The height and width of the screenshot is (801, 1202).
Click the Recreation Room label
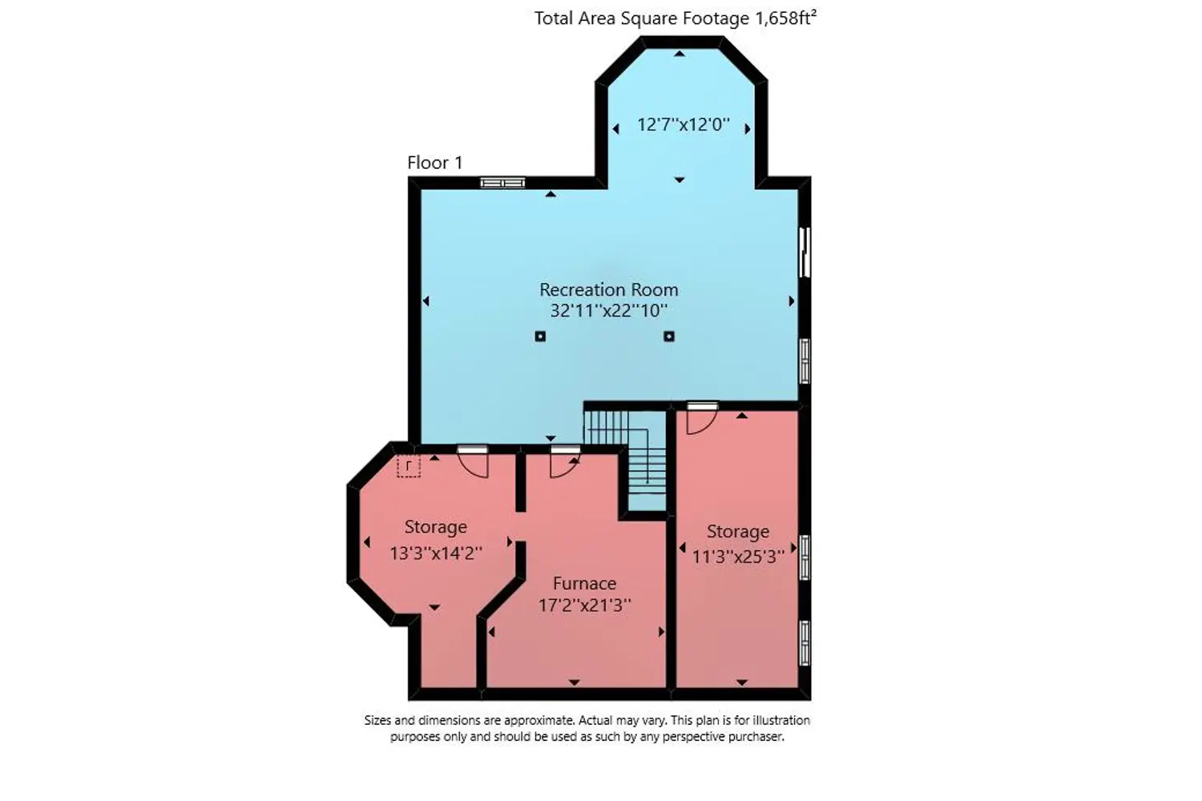(608, 290)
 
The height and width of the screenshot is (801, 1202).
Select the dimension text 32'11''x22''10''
(608, 311)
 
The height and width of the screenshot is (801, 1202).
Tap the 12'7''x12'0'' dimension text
(683, 124)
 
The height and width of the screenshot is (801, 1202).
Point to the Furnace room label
(584, 583)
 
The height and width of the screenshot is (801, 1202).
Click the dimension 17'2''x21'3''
(584, 606)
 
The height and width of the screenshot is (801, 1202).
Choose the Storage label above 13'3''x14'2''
(435, 527)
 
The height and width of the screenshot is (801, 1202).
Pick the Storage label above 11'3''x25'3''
(738, 532)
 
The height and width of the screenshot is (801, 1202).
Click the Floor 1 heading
(434, 163)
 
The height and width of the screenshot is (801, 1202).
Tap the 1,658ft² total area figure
(786, 18)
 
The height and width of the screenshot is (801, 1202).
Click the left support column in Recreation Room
(540, 336)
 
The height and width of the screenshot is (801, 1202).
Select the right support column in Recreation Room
(668, 336)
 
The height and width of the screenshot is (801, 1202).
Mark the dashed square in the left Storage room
(409, 465)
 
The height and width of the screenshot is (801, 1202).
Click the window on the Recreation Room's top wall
(502, 183)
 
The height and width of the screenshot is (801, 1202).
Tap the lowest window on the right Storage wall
(805, 642)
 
